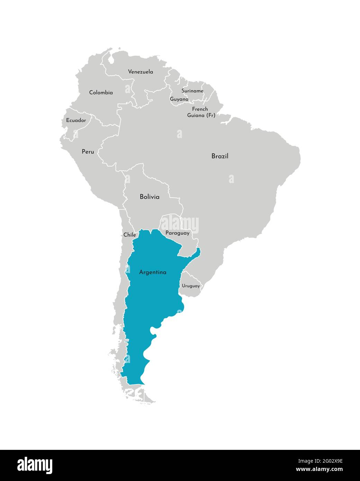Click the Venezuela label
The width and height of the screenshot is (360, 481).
(141, 72)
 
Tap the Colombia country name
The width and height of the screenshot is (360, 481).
(101, 92)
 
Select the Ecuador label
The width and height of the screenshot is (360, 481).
(76, 120)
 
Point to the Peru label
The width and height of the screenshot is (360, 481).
(88, 152)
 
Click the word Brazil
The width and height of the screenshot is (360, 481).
(220, 156)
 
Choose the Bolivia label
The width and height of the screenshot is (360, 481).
(150, 197)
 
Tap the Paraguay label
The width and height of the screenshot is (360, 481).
(178, 233)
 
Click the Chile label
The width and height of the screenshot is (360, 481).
(130, 235)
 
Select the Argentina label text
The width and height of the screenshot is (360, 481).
(153, 272)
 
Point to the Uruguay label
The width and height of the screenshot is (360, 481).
(191, 286)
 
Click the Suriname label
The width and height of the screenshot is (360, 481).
(192, 91)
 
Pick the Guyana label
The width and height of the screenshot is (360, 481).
(179, 99)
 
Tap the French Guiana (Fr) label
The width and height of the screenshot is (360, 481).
(201, 112)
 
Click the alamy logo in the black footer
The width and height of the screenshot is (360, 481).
(35, 465)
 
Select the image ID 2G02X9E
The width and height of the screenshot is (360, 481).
(319, 461)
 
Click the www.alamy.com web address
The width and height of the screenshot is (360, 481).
(319, 470)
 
